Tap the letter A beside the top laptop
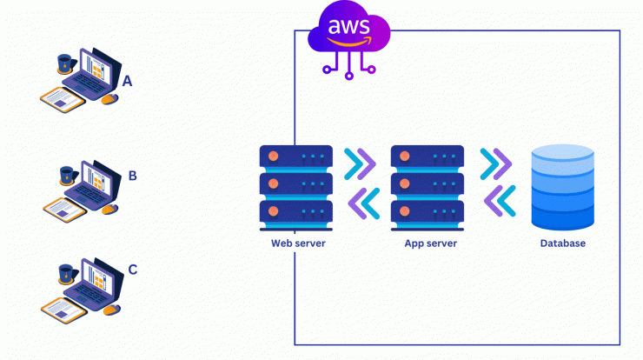coord(127,81)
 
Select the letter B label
coord(132,176)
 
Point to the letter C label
coord(132,270)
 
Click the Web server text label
coord(298,243)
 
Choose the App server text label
coord(431,243)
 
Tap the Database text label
coord(563,243)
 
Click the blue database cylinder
coord(563,187)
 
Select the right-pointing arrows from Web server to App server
coord(360,164)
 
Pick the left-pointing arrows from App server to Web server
coord(364,203)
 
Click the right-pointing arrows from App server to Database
coord(496,164)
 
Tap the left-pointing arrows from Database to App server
coord(500,201)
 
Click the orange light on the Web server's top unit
coord(273,157)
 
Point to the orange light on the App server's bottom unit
coord(404,211)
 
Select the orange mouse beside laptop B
coord(109,209)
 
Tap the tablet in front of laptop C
coord(63,310)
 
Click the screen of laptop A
coord(95,67)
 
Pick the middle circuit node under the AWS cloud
coord(349,76)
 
